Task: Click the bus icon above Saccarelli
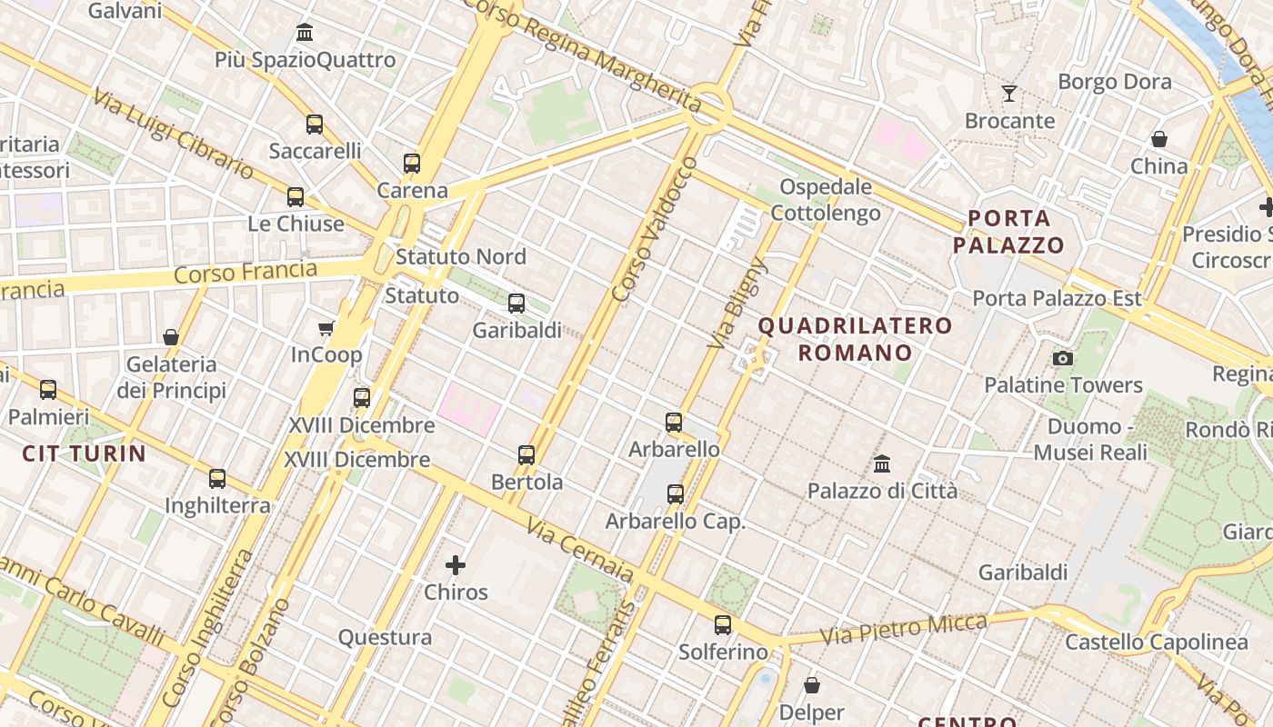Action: (x=315, y=124)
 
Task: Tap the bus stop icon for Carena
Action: (x=412, y=164)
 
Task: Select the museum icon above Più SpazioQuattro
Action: (x=305, y=34)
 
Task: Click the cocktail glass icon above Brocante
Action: (x=1009, y=93)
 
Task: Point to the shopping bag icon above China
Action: (x=1159, y=139)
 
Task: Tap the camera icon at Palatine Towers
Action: (x=1063, y=358)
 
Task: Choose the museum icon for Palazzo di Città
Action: (x=882, y=464)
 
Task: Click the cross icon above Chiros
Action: (x=456, y=565)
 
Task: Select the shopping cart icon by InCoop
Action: (x=326, y=328)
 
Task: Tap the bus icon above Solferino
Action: (x=723, y=625)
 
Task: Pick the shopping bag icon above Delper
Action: (x=812, y=685)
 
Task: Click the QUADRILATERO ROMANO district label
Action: (x=855, y=339)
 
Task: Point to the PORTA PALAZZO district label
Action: (x=1008, y=232)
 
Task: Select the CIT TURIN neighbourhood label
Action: (x=84, y=453)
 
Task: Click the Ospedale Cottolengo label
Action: (x=826, y=200)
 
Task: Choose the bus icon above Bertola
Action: (x=526, y=455)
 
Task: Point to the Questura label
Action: (x=385, y=637)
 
